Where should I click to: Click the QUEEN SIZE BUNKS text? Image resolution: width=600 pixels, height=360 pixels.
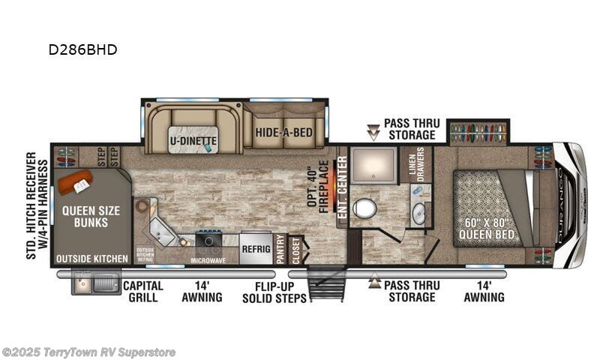(x=89, y=217)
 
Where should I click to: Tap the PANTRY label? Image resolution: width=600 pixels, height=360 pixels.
(x=280, y=250)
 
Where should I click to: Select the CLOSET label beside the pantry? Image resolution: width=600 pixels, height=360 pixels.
(x=295, y=250)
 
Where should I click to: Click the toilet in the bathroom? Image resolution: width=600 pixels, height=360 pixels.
(x=365, y=208)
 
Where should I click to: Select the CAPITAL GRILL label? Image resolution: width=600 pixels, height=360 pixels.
(x=143, y=291)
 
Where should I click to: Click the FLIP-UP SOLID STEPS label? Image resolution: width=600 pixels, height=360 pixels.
(x=274, y=291)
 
